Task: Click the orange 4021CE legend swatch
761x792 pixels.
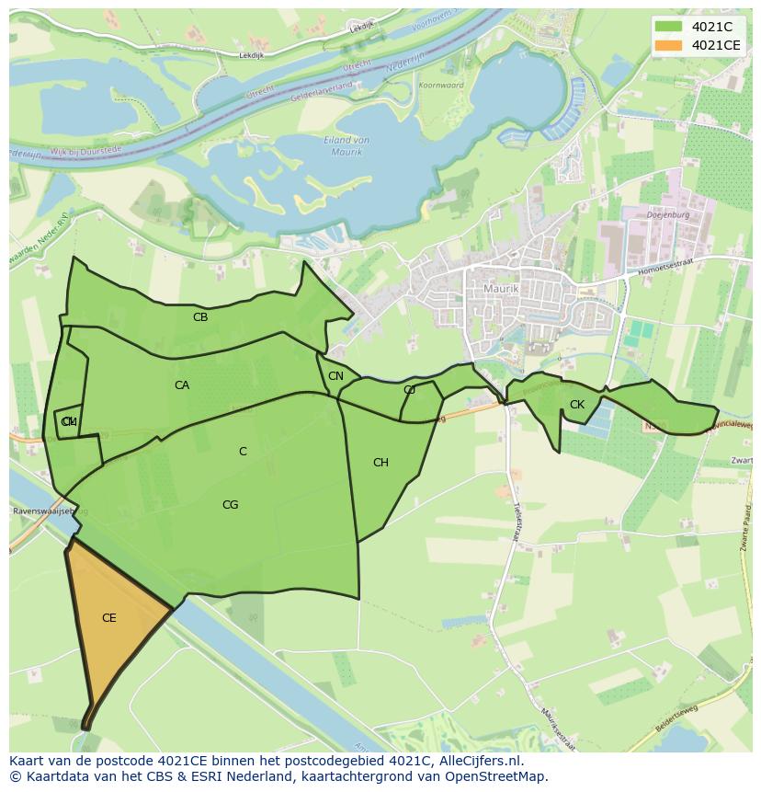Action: click(x=669, y=45)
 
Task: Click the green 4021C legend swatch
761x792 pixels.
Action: click(x=669, y=28)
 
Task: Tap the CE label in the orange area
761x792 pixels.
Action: click(x=108, y=618)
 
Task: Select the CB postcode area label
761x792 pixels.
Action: click(x=200, y=317)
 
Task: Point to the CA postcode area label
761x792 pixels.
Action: click(x=182, y=385)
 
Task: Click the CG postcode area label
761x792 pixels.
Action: click(x=230, y=505)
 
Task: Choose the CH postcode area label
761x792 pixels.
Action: click(x=380, y=463)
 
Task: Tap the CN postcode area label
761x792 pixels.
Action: click(x=335, y=376)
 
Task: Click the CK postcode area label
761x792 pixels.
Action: click(x=576, y=405)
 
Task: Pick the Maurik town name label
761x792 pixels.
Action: click(x=501, y=289)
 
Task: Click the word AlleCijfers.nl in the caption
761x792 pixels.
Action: click(x=478, y=761)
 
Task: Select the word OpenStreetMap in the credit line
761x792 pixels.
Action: click(x=502, y=776)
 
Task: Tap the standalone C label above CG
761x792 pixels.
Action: click(x=243, y=452)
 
